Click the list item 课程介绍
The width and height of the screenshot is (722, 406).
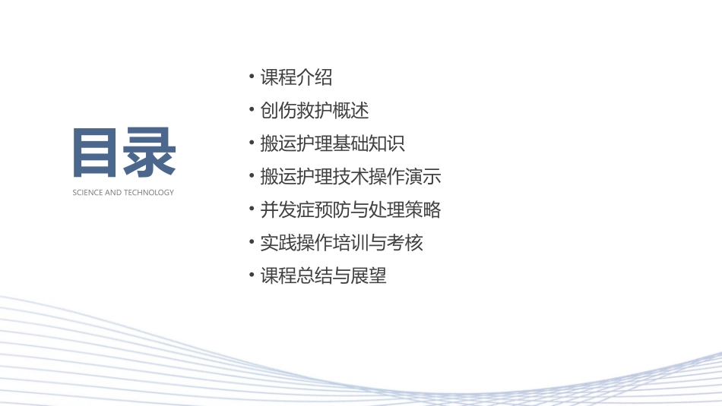coord(296,77)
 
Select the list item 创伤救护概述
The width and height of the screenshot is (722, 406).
coord(315,111)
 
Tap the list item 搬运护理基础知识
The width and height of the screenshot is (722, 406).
coord(332,143)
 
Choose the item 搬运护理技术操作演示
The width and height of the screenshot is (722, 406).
coord(350,177)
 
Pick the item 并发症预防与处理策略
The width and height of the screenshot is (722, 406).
coord(350,209)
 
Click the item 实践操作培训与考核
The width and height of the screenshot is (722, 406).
coord(341,243)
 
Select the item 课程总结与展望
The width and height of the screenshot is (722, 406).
coord(323,275)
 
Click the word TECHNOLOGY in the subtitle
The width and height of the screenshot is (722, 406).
coord(149,193)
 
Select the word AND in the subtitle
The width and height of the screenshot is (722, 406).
coord(112,193)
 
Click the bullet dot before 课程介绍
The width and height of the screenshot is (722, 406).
coord(252,77)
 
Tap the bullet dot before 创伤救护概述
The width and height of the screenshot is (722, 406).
coord(252,111)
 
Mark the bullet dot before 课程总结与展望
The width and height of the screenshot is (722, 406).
coord(252,275)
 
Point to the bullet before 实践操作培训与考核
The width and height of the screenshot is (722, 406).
coord(252,243)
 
